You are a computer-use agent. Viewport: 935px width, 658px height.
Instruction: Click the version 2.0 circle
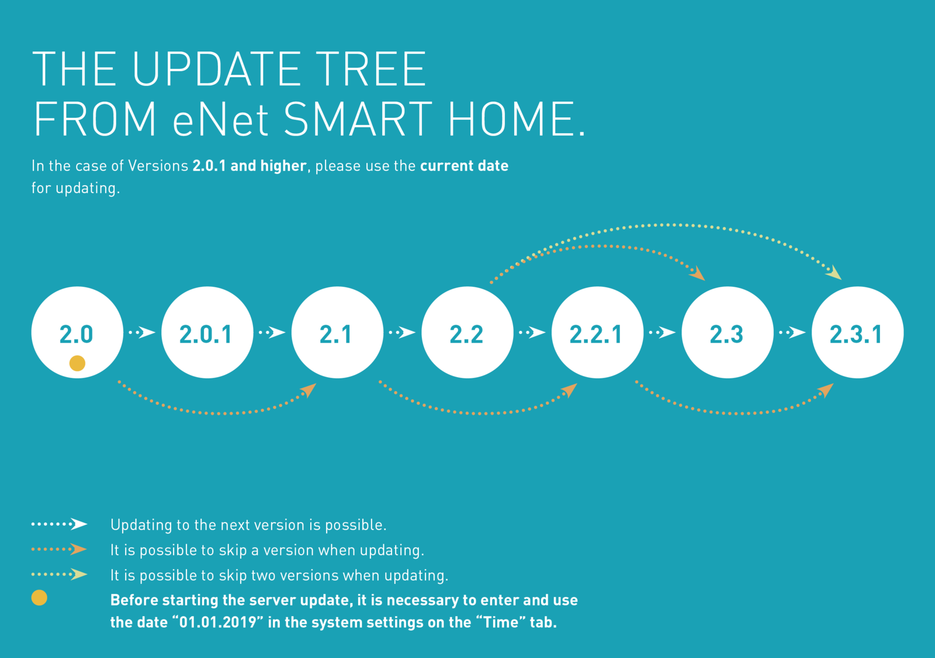pos(77,332)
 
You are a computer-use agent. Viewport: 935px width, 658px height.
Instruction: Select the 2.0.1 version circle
pos(207,332)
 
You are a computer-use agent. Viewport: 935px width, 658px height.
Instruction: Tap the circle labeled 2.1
pos(337,332)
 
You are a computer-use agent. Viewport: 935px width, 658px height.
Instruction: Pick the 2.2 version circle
pos(467,332)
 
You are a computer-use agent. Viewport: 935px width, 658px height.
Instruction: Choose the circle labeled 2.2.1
pos(598,332)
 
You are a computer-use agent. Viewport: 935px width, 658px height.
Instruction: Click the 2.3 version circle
pos(728,332)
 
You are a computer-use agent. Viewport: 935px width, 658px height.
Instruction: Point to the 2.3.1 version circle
pos(858,332)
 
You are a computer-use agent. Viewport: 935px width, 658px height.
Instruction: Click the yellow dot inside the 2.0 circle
pos(77,363)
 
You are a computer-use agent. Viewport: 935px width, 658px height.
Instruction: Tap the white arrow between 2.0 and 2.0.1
pos(142,332)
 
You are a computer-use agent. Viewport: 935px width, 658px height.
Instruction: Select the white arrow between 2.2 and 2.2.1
pos(532,332)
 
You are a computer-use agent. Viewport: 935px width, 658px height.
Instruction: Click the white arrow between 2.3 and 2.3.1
pos(792,332)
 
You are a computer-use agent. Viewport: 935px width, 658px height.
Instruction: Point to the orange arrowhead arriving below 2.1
pos(309,390)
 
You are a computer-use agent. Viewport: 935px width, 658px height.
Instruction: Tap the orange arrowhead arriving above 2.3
pos(697,274)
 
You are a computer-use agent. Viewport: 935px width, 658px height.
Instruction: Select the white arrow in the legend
pos(59,524)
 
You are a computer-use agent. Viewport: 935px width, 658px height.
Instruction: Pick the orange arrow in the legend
pos(59,549)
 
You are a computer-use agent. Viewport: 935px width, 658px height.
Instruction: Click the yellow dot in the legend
pos(39,597)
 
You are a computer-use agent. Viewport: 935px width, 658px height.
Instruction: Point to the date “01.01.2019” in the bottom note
pos(217,622)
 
